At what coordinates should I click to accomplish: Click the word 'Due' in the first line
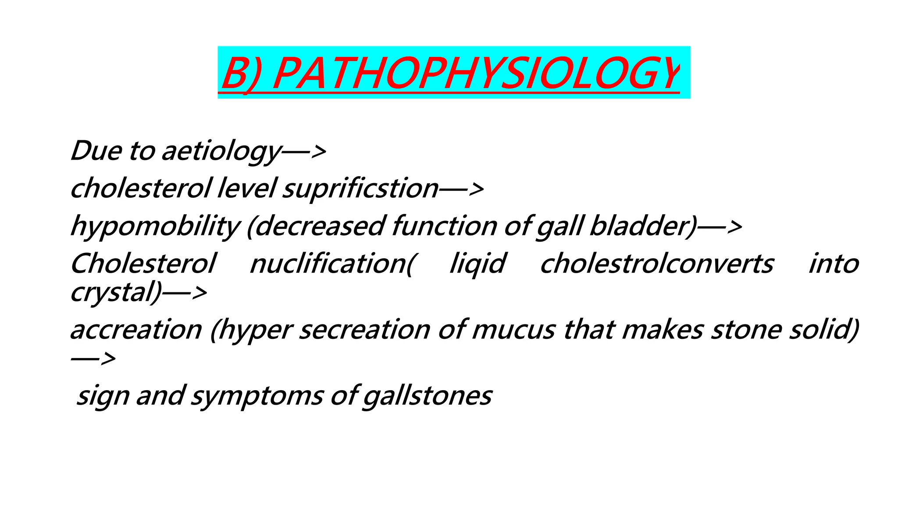click(x=96, y=151)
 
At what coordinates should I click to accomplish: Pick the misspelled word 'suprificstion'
click(x=360, y=189)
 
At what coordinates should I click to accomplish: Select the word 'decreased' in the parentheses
click(x=316, y=227)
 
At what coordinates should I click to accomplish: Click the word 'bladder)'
click(x=643, y=227)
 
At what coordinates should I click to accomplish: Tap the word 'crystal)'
click(x=116, y=292)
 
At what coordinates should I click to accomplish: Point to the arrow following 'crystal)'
click(x=184, y=293)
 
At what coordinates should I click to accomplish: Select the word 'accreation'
click(x=136, y=330)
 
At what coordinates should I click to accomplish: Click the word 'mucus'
click(x=513, y=330)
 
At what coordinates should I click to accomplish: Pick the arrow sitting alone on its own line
click(x=93, y=359)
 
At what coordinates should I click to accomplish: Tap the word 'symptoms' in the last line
click(x=257, y=396)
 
